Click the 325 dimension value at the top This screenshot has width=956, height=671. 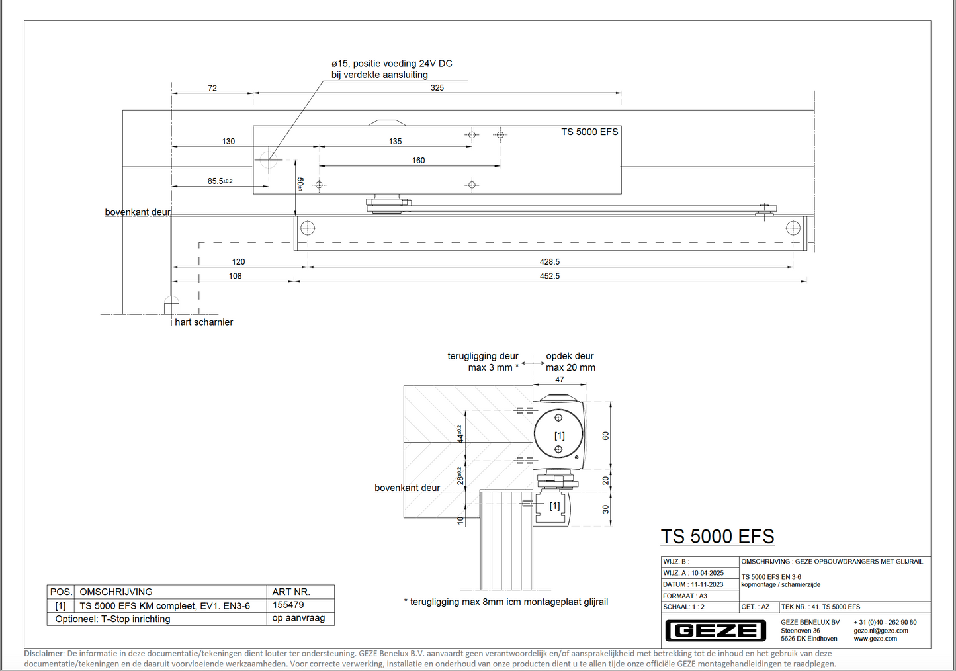[x=437, y=88]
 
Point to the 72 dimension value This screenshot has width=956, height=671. [x=212, y=88]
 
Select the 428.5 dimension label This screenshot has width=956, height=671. [x=549, y=262]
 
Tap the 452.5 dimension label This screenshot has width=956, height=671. [x=549, y=276]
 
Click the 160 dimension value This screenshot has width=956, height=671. [x=418, y=161]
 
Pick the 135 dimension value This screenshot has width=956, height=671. [x=395, y=142]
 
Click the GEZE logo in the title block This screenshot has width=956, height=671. [x=715, y=631]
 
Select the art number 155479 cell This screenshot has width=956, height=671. [x=288, y=605]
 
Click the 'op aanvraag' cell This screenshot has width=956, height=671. [x=298, y=618]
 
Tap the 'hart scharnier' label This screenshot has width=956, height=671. [x=204, y=322]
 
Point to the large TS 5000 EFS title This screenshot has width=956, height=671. [x=717, y=536]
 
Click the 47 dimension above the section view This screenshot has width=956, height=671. [x=560, y=380]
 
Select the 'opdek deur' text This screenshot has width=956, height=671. [x=570, y=356]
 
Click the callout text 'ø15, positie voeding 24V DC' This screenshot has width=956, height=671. [x=392, y=64]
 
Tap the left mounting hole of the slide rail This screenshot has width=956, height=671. [x=308, y=228]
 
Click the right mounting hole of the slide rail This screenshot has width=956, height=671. [x=793, y=228]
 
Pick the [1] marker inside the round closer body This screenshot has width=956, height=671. [x=559, y=435]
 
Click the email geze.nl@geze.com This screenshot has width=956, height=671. [x=881, y=631]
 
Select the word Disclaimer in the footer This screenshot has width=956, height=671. [x=44, y=654]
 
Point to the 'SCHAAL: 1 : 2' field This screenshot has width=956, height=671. [x=684, y=607]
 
